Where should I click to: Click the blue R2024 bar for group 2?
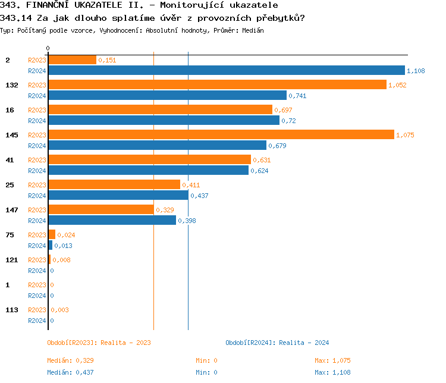coord(226,70)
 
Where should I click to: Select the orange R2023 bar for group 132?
coord(217,85)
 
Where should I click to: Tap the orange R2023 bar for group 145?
coord(221,135)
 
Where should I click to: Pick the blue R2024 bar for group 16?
coord(164,120)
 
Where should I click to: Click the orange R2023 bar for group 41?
coord(149,160)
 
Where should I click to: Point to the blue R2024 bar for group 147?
coord(112,221)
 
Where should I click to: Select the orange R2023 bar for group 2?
coord(72,60)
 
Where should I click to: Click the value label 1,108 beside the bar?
coord(416,71)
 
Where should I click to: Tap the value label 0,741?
coord(297,96)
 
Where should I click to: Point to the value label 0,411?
coord(191,185)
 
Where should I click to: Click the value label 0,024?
coord(66,235)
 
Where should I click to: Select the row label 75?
coord(10,235)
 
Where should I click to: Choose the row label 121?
coord(11,260)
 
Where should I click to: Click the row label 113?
coord(11,310)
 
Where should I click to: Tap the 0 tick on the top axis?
coord(48,48)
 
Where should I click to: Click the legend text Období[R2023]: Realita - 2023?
coord(99,343)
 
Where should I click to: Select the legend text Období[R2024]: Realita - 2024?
coord(277,343)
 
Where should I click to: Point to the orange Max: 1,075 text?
coord(332,360)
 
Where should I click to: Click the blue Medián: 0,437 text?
coord(70,372)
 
